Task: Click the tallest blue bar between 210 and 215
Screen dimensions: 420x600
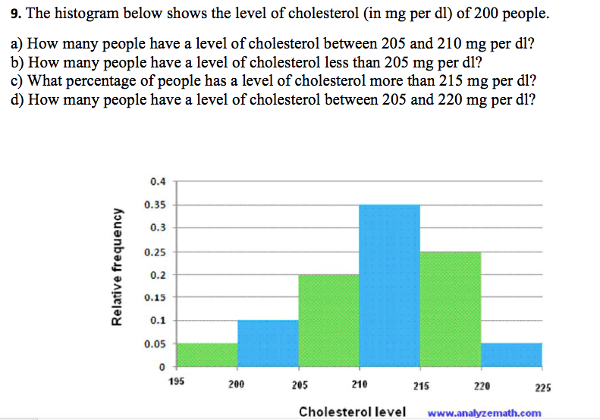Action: coord(389,286)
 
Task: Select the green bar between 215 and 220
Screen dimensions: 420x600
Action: coord(450,309)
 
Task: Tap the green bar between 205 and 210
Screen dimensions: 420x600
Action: coord(328,321)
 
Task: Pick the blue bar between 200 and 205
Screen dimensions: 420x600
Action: coord(268,343)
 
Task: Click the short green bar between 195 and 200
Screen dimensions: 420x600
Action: coord(207,355)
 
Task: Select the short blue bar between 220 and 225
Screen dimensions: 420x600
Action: coord(511,355)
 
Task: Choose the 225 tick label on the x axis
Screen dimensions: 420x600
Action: coord(542,388)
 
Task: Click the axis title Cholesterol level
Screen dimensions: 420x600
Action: coord(352,412)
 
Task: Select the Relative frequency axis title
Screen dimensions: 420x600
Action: coord(118,267)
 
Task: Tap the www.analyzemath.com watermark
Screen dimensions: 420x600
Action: coord(485,413)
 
